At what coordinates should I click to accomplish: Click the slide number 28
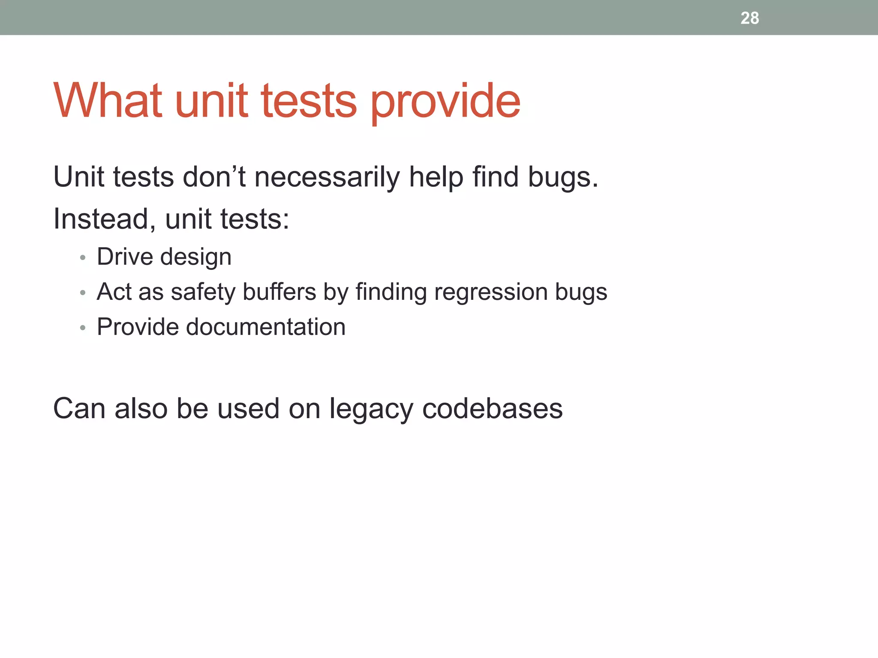749,18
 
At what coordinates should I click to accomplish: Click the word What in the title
108,101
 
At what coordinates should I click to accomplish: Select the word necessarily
327,177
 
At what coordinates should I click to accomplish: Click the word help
436,177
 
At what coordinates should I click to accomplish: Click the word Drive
125,257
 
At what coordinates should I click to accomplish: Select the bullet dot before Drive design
83,258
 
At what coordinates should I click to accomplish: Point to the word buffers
280,292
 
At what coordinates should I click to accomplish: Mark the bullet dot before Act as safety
83,293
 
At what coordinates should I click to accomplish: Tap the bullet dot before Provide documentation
83,328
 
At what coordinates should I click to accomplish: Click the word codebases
492,408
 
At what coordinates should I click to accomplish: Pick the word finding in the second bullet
391,293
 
